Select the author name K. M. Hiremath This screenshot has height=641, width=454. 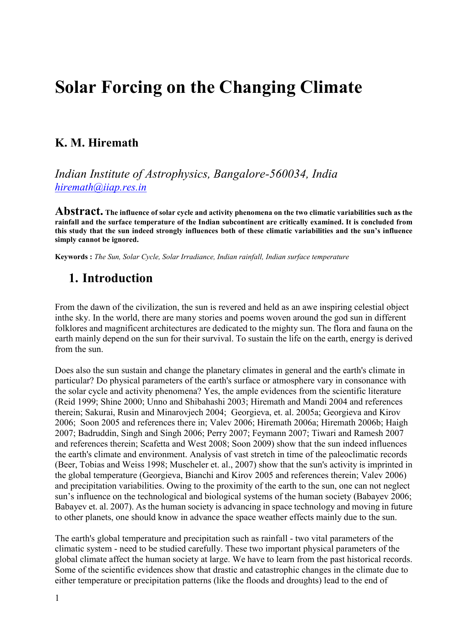coord(97,143)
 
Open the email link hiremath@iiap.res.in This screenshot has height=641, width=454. coord(101,187)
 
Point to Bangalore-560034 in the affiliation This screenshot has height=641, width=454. coord(260,174)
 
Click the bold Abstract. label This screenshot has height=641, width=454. coord(79,212)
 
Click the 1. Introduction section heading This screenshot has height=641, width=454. coord(111,278)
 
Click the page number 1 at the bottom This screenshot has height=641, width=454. coord(57,598)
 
